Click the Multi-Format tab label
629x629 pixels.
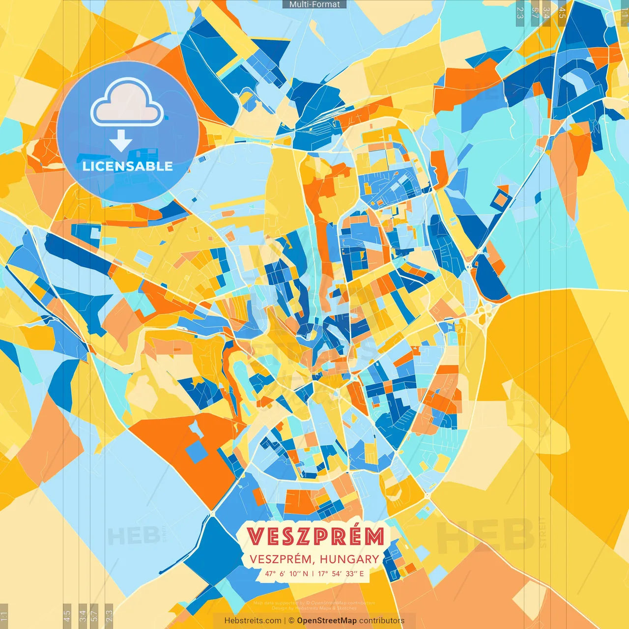coord(314,4)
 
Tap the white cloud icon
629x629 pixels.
coord(127,104)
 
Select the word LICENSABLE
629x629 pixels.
coord(128,166)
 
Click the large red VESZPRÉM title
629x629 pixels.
coord(315,537)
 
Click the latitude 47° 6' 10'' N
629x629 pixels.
coord(286,573)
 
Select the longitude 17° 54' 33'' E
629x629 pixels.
coord(341,573)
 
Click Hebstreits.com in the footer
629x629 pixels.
coord(253,621)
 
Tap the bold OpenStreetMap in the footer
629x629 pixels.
coord(327,621)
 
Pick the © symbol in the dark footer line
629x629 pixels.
coord(291,621)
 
